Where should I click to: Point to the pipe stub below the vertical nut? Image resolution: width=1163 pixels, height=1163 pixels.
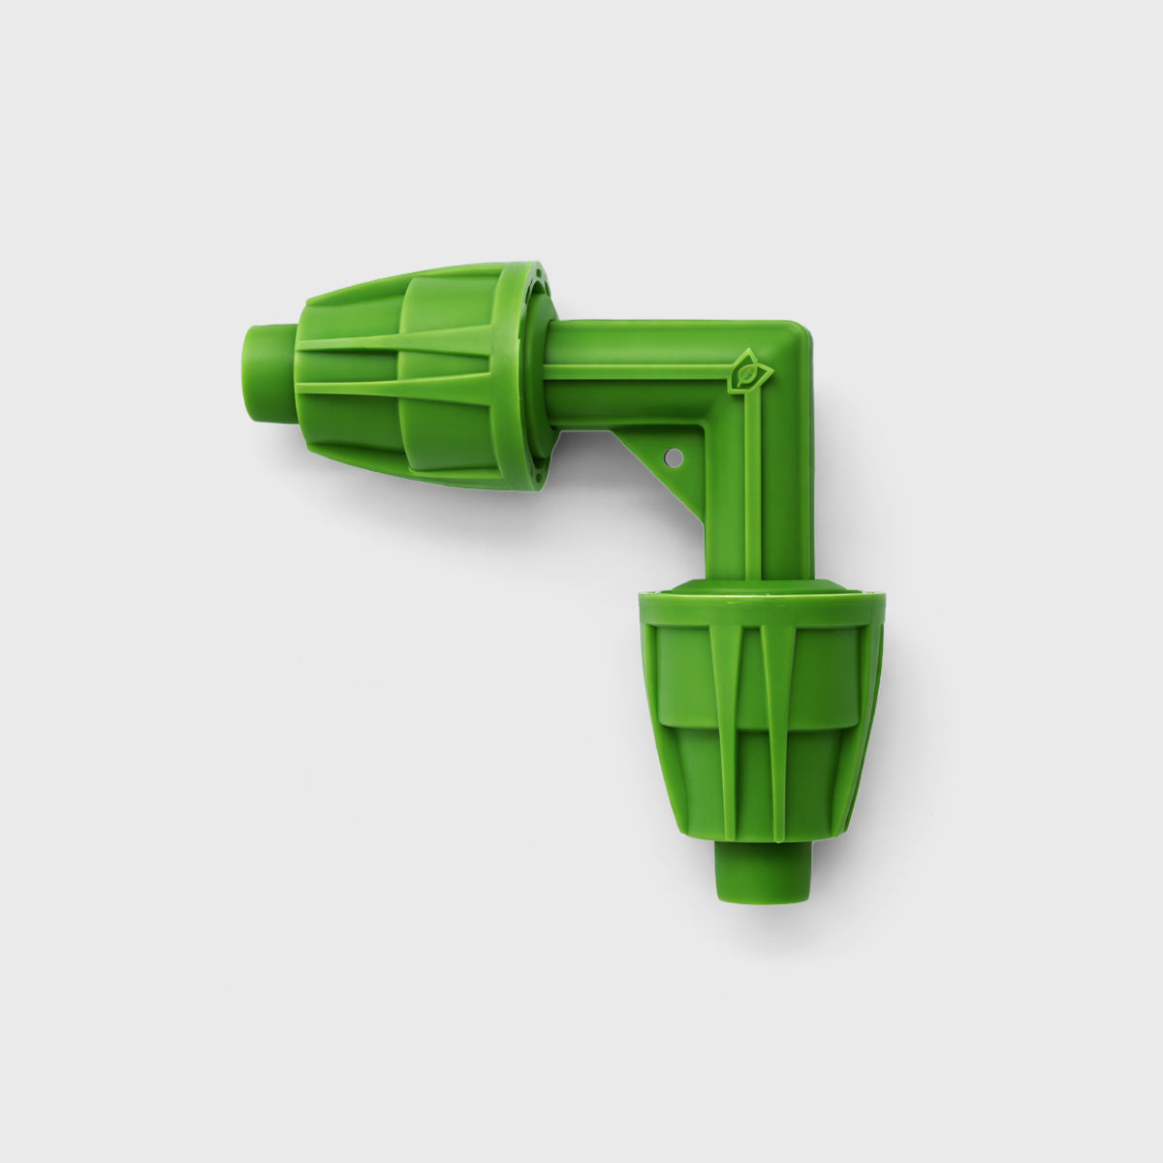click(763, 870)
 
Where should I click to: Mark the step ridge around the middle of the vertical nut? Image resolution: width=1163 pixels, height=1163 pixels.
click(762, 722)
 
